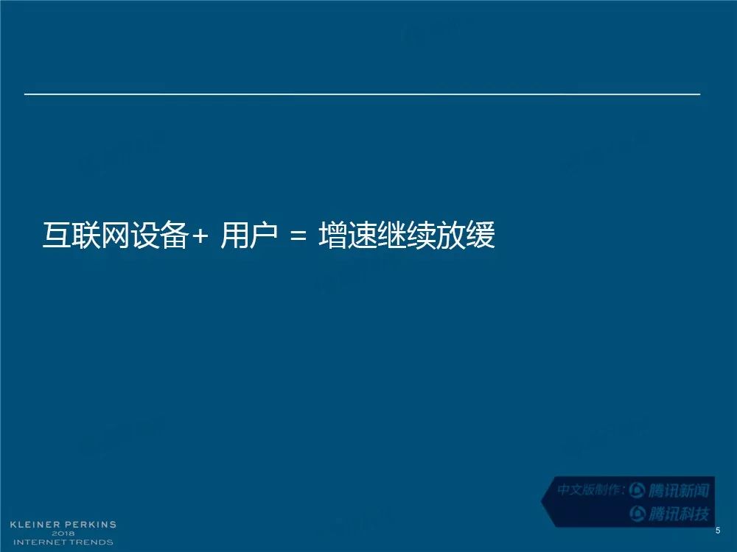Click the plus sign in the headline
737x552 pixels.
[x=200, y=236]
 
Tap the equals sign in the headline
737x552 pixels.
[x=298, y=236]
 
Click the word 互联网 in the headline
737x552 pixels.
[x=85, y=235]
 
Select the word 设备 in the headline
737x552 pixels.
[x=159, y=235]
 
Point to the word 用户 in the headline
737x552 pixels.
[x=249, y=235]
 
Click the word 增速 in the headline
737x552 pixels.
[x=348, y=235]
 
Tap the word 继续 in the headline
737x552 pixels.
[x=407, y=235]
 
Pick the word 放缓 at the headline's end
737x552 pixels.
[x=465, y=235]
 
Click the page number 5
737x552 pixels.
[x=718, y=531]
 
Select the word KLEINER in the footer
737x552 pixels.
[x=35, y=524]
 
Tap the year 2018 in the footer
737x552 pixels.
[x=63, y=533]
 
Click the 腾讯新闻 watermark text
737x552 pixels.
[x=678, y=490]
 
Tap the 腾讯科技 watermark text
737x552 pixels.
[x=678, y=514]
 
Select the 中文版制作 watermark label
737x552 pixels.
[x=588, y=490]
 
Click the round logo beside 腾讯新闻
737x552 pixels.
[x=637, y=490]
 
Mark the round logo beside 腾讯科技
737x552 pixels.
[x=638, y=514]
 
